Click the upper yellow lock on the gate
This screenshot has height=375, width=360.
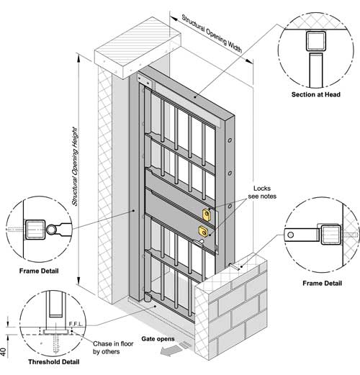click(207, 214)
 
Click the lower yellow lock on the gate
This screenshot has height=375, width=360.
click(203, 231)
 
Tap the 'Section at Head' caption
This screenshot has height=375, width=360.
click(316, 94)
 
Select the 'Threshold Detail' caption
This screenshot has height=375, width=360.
click(54, 362)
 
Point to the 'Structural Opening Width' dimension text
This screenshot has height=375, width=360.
click(212, 34)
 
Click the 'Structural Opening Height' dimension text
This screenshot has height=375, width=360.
click(76, 166)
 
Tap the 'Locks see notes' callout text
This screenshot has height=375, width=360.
click(262, 192)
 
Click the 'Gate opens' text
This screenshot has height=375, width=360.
click(158, 339)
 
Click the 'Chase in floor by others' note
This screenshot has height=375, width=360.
click(113, 348)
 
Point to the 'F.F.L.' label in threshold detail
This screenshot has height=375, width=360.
click(76, 324)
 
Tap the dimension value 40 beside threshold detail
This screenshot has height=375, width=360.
click(4, 352)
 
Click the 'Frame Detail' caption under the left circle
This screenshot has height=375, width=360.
click(39, 271)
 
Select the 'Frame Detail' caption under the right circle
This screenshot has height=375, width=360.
click(322, 284)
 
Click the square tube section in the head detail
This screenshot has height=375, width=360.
click(316, 41)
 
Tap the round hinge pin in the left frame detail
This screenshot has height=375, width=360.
click(51, 230)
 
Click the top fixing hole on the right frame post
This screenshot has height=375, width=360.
click(230, 140)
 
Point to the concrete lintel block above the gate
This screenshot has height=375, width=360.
click(138, 48)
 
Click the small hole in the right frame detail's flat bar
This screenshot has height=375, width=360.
click(290, 235)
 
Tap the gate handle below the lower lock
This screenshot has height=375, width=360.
click(199, 243)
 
